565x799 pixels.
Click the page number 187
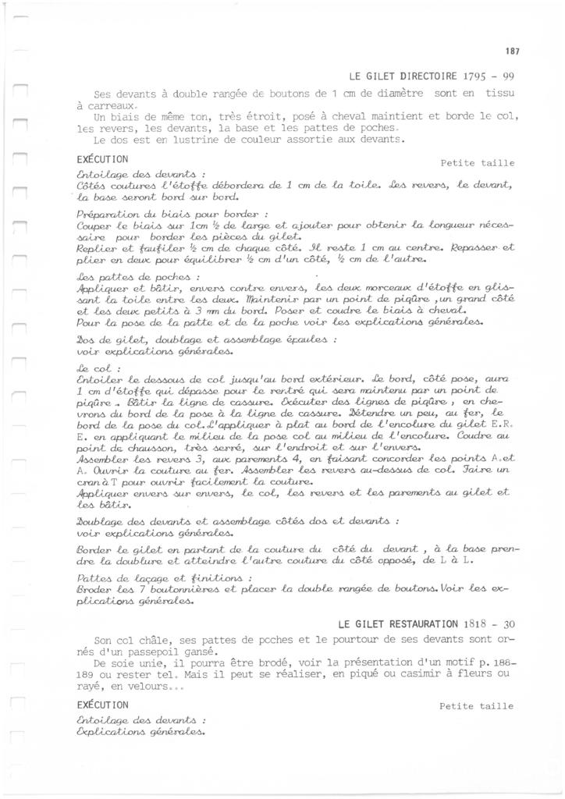[x=512, y=51]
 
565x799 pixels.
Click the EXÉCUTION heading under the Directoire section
[x=102, y=158]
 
